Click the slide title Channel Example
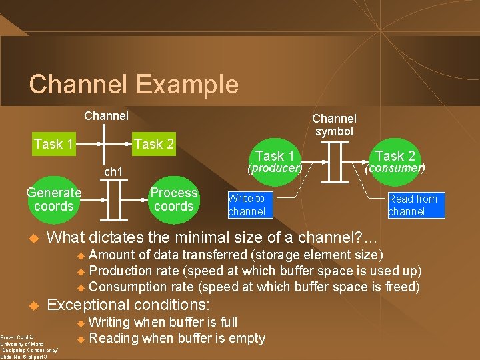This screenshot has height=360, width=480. pyautogui.click(x=133, y=85)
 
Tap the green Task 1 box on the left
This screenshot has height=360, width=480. pyautogui.click(x=53, y=144)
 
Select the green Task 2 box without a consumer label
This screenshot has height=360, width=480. pyautogui.click(x=154, y=144)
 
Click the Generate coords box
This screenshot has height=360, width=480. pyautogui.click(x=54, y=199)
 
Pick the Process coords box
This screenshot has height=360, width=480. pyautogui.click(x=173, y=199)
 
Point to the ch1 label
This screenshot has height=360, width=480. pyautogui.click(x=113, y=173)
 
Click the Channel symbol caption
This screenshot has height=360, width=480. pyautogui.click(x=334, y=125)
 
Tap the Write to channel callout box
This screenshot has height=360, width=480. pyautogui.click(x=246, y=205)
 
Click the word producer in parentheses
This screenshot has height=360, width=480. pyautogui.click(x=275, y=168)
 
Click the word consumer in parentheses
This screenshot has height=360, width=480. pyautogui.click(x=395, y=168)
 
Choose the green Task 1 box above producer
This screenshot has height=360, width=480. pyautogui.click(x=275, y=156)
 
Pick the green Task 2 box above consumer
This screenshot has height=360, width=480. pyautogui.click(x=395, y=156)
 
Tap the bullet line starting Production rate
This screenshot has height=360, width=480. pyautogui.click(x=255, y=271)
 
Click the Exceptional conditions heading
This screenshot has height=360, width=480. pyautogui.click(x=128, y=305)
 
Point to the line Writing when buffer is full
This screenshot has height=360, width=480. pyautogui.click(x=163, y=322)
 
